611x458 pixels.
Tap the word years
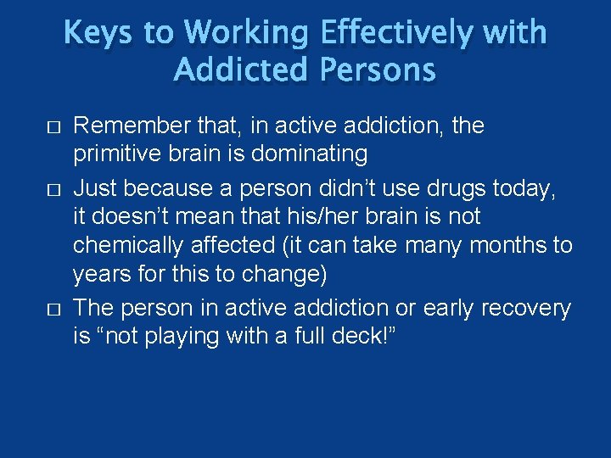(100, 275)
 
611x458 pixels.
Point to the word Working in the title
(245, 33)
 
